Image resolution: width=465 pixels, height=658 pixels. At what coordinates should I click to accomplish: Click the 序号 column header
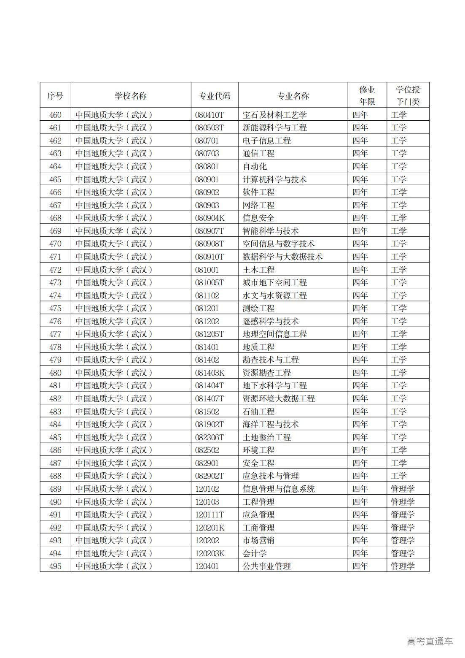click(x=55, y=96)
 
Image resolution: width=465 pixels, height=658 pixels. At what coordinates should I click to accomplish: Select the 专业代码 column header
click(x=215, y=96)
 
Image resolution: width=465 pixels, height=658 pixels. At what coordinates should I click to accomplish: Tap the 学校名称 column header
click(x=131, y=96)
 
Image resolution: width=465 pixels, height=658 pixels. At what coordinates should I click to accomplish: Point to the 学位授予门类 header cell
click(x=408, y=96)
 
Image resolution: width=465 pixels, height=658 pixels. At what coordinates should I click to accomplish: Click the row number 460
click(x=55, y=115)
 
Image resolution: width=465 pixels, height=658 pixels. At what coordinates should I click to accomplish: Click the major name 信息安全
click(x=258, y=218)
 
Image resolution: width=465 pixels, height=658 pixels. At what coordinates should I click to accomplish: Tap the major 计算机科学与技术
click(x=274, y=179)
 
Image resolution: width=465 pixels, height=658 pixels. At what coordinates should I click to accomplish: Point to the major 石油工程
click(x=258, y=412)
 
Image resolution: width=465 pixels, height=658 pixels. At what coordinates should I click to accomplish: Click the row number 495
click(x=55, y=566)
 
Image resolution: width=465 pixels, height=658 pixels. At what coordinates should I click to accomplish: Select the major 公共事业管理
click(x=266, y=566)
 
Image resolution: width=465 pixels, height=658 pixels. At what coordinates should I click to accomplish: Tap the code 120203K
click(x=210, y=553)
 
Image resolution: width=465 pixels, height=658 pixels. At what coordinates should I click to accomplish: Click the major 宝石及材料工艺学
click(x=274, y=115)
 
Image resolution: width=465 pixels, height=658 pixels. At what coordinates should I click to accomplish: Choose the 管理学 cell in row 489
click(x=403, y=489)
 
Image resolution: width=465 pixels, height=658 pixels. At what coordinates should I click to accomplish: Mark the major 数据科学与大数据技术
click(x=282, y=257)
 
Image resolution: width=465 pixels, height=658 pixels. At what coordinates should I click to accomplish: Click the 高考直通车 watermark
click(x=430, y=641)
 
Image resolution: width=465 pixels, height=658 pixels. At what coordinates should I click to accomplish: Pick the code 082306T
click(x=210, y=437)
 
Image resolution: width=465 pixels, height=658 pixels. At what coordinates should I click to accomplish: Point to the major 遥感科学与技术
click(x=270, y=321)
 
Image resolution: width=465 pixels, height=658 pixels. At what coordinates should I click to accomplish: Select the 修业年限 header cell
click(x=367, y=96)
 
